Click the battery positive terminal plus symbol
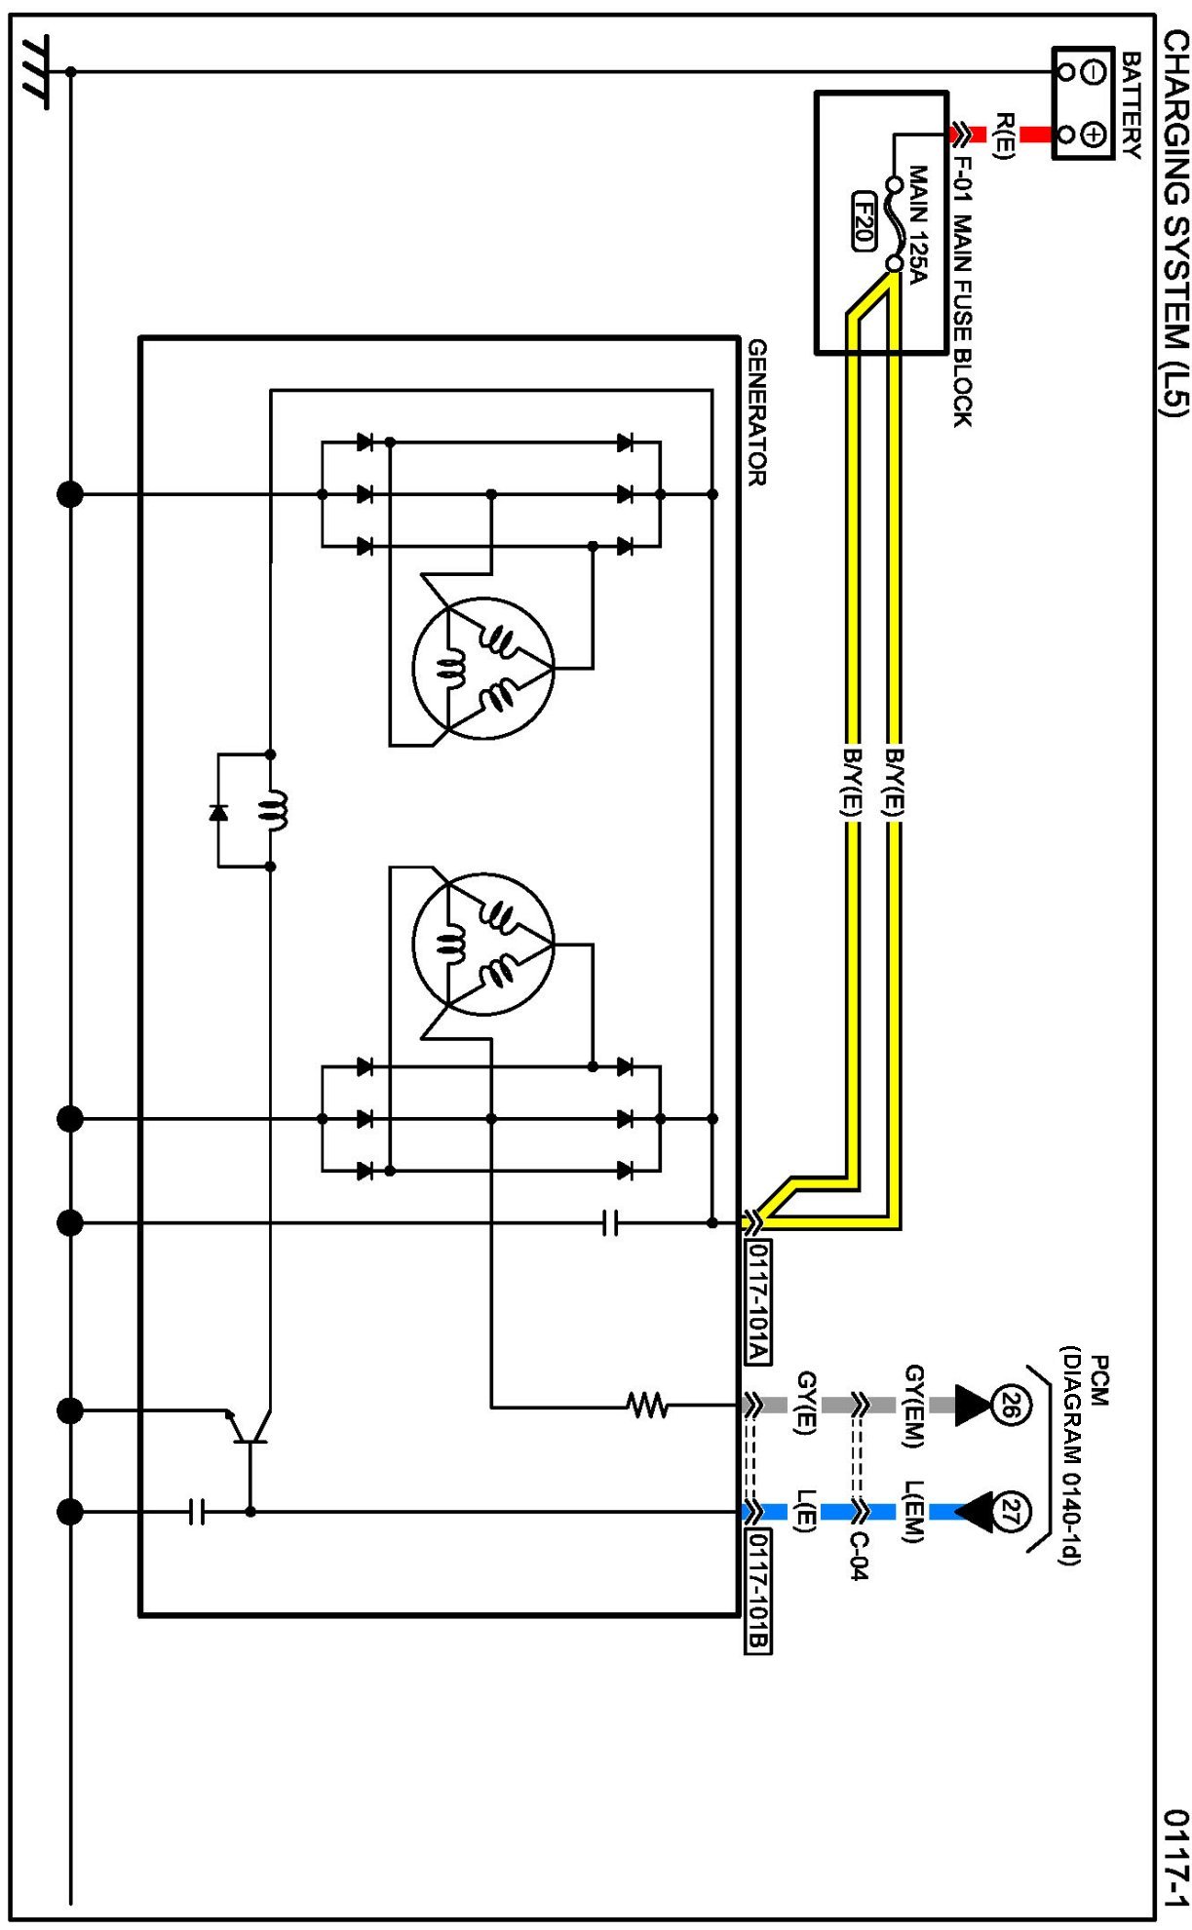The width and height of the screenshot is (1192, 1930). coord(1094,135)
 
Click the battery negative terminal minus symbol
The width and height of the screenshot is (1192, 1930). coord(1094,71)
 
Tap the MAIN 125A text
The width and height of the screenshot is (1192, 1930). coord(918,224)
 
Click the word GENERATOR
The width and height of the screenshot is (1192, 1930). coord(757,412)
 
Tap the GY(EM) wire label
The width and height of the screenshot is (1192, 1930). coord(914,1405)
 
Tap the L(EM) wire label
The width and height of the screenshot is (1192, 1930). coord(913,1512)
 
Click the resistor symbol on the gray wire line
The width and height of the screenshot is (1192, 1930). coord(646,1405)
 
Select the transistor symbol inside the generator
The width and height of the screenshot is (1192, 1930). coord(246,1425)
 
